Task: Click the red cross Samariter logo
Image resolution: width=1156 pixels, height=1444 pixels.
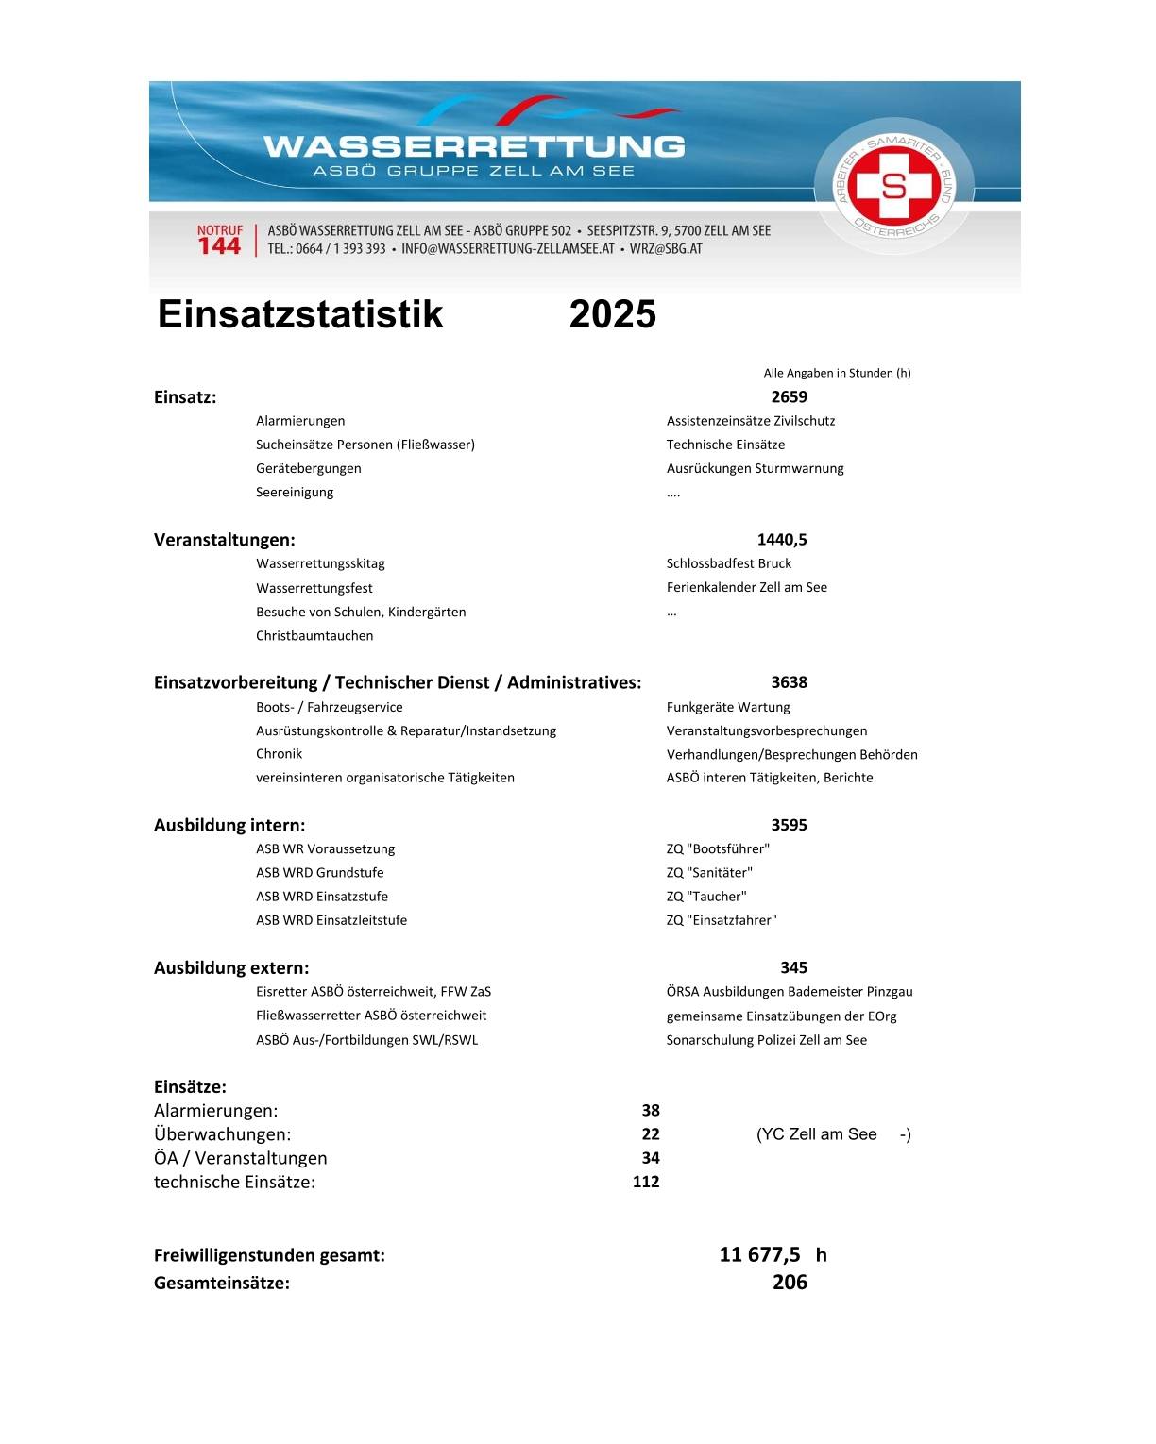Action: [892, 185]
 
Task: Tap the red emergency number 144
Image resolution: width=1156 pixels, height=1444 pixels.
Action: [219, 246]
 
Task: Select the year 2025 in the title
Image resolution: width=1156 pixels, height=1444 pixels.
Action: [612, 314]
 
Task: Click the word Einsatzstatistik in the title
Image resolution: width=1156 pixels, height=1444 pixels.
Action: [299, 314]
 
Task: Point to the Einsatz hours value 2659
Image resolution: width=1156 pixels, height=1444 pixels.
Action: [789, 397]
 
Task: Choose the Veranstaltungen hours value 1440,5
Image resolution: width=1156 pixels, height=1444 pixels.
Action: [782, 540]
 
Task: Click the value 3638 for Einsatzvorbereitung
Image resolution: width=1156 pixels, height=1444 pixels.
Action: [789, 682]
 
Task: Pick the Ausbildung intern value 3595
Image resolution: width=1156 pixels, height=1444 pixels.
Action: [789, 825]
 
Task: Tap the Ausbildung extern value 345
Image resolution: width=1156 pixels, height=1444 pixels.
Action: [793, 967]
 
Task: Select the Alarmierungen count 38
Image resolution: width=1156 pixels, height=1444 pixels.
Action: [651, 1111]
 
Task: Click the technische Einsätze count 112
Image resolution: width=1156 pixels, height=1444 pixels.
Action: [646, 1182]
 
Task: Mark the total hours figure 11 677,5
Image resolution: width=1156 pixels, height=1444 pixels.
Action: [759, 1254]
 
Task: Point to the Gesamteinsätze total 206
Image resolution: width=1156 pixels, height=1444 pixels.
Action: [790, 1282]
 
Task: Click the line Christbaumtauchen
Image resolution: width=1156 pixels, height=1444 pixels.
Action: [314, 636]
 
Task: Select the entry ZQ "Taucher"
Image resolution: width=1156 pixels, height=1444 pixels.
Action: [706, 897]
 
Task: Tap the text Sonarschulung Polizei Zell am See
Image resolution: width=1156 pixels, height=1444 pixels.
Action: [766, 1040]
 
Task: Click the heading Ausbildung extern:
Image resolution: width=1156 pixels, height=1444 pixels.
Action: [231, 967]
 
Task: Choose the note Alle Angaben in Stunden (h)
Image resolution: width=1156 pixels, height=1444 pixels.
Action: [837, 373]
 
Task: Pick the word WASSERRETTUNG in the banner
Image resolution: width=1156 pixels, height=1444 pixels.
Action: [474, 146]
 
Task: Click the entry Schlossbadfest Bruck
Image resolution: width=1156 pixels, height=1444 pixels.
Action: [729, 563]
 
